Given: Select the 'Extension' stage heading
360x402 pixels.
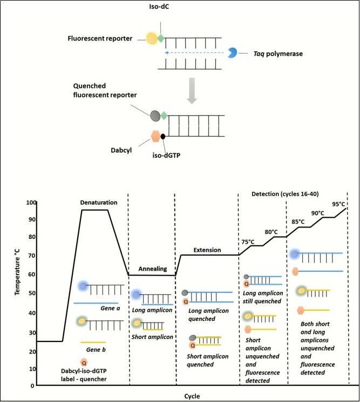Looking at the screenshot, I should (x=207, y=250).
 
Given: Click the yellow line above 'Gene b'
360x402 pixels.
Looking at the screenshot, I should (x=93, y=342).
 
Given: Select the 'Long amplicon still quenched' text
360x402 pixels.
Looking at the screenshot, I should (x=263, y=297).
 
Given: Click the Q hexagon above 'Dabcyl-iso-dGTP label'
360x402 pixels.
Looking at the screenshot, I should (x=84, y=362).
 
